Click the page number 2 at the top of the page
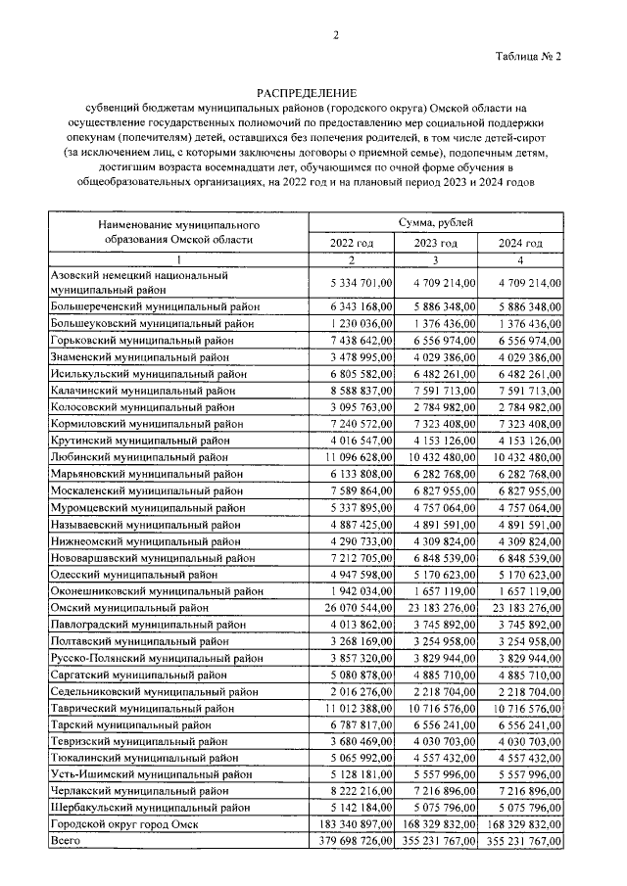336,36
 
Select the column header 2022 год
353,243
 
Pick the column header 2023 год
436,243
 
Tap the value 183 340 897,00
352,824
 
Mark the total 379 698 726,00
352,841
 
